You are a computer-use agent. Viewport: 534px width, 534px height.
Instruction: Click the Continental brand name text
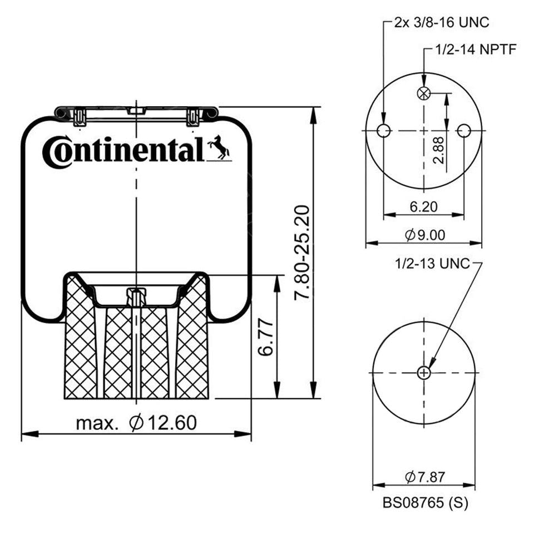click(123, 151)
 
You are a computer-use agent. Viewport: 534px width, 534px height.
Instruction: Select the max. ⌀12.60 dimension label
click(136, 423)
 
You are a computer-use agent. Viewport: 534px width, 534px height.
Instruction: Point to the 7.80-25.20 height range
click(303, 253)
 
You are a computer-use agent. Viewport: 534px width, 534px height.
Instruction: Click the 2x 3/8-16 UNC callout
click(441, 23)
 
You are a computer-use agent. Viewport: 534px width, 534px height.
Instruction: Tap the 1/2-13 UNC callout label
click(432, 263)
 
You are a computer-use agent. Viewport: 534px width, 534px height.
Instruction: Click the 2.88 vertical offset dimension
click(439, 150)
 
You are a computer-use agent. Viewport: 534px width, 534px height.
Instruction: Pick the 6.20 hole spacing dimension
click(424, 207)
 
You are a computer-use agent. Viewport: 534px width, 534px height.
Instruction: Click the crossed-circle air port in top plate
click(424, 93)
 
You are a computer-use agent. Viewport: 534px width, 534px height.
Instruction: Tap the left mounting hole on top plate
click(384, 131)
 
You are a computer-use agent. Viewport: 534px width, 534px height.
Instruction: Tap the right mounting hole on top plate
click(464, 131)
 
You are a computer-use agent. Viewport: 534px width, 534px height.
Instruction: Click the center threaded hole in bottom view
click(424, 373)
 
